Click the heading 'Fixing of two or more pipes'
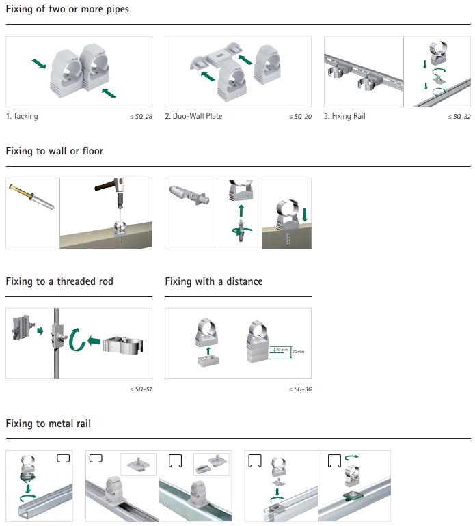[67, 10]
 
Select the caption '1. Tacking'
[22, 116]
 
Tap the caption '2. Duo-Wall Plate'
[193, 116]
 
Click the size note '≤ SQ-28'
[141, 117]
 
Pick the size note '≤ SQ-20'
[300, 117]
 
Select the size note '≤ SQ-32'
[459, 117]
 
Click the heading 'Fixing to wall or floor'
[55, 151]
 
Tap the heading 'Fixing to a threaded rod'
[59, 281]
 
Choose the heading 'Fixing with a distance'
[213, 281]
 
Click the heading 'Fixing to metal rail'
[48, 424]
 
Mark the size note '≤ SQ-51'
[141, 389]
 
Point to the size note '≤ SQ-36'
[300, 389]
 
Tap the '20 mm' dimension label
[298, 352]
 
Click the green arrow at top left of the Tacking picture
[40, 64]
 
